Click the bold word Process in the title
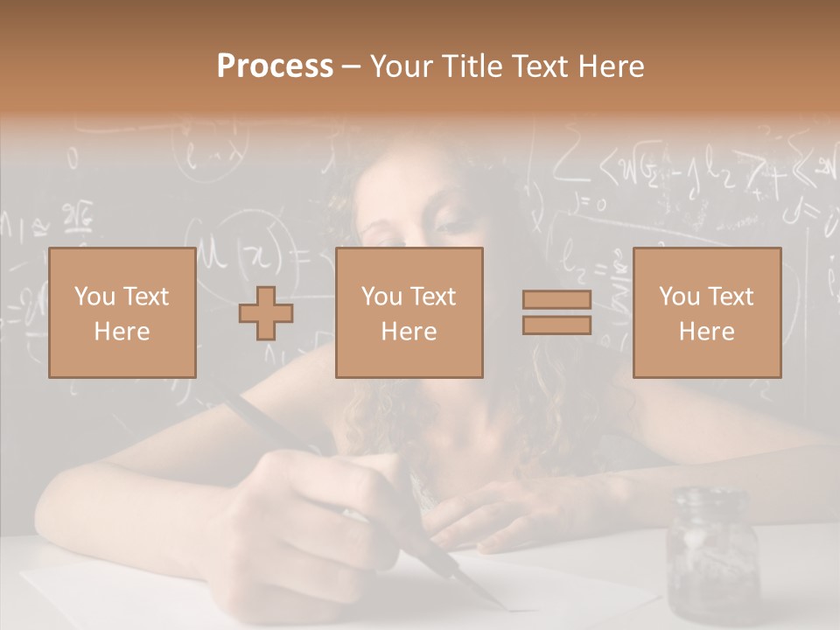tap(275, 66)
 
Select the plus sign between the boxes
tap(266, 313)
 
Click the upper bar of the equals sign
tap(556, 300)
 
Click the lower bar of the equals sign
tap(556, 325)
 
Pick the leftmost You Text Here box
tap(122, 312)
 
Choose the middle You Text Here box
tap(409, 312)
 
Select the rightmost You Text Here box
tap(706, 312)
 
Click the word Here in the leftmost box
tap(122, 332)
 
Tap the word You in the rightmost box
tap(679, 297)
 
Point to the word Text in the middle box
tap(432, 297)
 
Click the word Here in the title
tap(610, 66)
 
